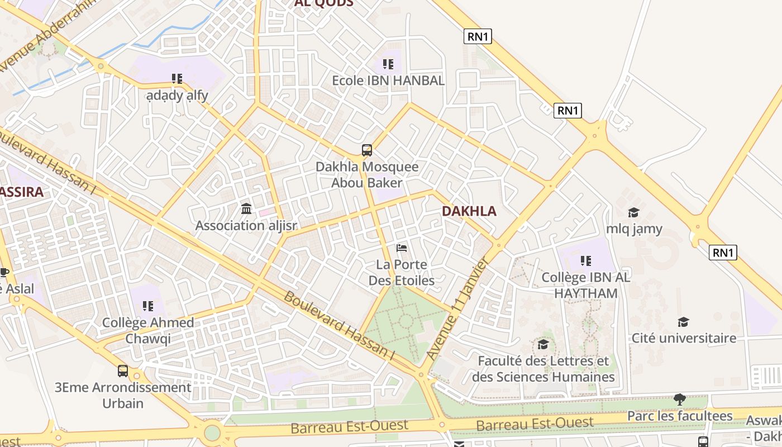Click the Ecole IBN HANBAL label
pyautogui.click(x=388, y=80)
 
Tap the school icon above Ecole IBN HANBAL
pyautogui.click(x=388, y=64)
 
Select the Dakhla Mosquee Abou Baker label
pyautogui.click(x=367, y=174)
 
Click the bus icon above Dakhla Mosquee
pyautogui.click(x=367, y=150)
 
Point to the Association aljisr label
pyautogui.click(x=246, y=226)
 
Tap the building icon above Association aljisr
pyautogui.click(x=246, y=209)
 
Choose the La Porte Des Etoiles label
pyautogui.click(x=401, y=272)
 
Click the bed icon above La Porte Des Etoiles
pyautogui.click(x=401, y=248)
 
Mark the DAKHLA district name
pyautogui.click(x=469, y=211)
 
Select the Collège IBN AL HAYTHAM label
pyautogui.click(x=586, y=285)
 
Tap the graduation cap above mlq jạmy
pyautogui.click(x=633, y=212)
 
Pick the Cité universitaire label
pyautogui.click(x=684, y=337)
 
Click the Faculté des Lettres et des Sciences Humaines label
pyautogui.click(x=543, y=369)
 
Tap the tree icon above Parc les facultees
pyautogui.click(x=680, y=399)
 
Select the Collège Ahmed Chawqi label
pyautogui.click(x=148, y=330)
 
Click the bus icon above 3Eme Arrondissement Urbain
pyautogui.click(x=123, y=370)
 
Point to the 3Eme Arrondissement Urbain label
pyautogui.click(x=123, y=395)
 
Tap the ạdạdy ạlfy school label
pyautogui.click(x=177, y=96)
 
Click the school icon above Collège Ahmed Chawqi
pyautogui.click(x=148, y=306)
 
